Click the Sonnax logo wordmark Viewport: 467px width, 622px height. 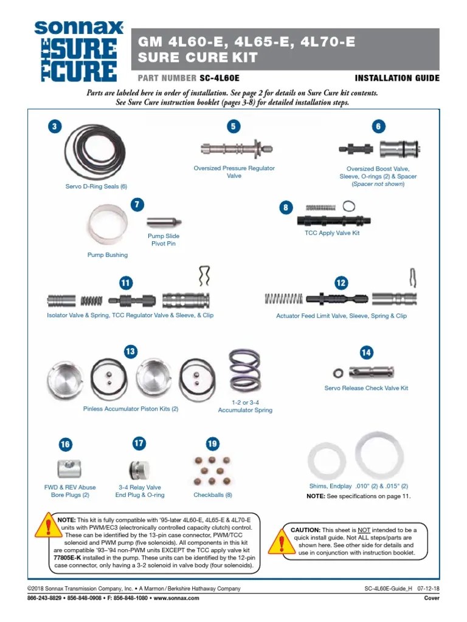78,28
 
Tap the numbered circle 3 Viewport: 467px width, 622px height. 55,126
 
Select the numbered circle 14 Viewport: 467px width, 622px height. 366,352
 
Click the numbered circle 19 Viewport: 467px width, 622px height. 212,444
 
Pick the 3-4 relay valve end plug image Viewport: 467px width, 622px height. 139,470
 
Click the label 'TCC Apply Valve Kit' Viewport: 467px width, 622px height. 332,233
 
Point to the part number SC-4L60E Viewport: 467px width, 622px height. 220,78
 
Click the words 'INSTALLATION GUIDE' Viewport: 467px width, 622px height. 396,78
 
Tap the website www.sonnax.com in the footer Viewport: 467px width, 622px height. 176,598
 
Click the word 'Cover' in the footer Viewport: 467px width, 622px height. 431,598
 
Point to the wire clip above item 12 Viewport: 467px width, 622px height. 412,278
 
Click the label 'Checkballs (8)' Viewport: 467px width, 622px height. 213,495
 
